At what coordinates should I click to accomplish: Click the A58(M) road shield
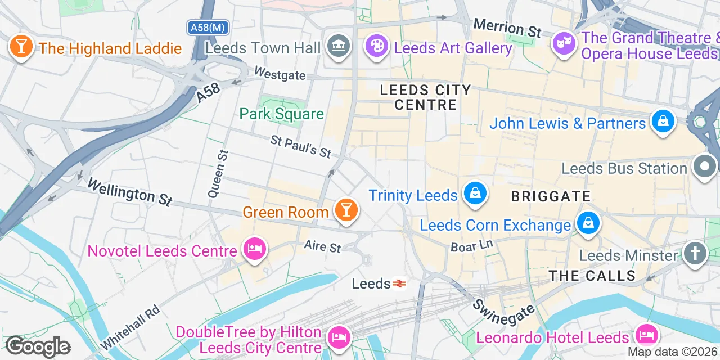[x=208, y=27]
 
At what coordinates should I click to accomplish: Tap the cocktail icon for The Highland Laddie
[x=21, y=47]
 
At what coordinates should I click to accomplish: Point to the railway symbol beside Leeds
[x=399, y=284]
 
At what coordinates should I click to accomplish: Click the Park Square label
[x=281, y=114]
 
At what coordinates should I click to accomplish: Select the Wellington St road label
[x=129, y=191]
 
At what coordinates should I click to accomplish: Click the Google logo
[x=38, y=347]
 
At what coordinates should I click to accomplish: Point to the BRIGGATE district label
[x=551, y=196]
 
